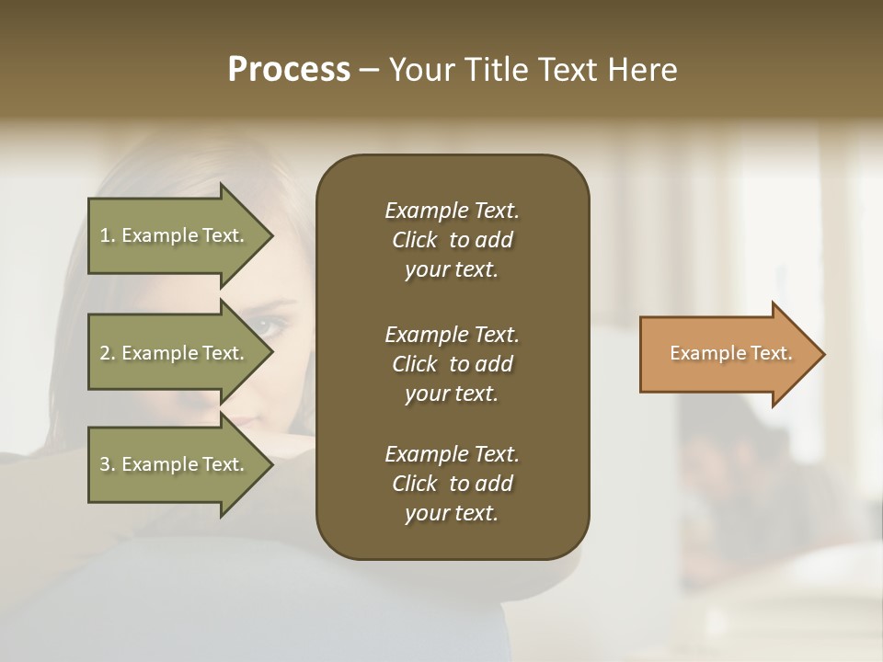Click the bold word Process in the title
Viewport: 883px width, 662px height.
[289, 70]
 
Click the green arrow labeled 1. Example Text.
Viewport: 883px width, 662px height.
[175, 235]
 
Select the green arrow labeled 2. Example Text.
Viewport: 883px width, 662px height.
[175, 353]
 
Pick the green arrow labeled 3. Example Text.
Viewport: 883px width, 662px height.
[175, 464]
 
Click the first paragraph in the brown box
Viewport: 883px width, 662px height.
[452, 240]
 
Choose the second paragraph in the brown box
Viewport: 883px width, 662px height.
[452, 364]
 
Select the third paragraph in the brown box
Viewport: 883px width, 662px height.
[452, 484]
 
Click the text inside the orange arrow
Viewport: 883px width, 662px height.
[730, 353]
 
